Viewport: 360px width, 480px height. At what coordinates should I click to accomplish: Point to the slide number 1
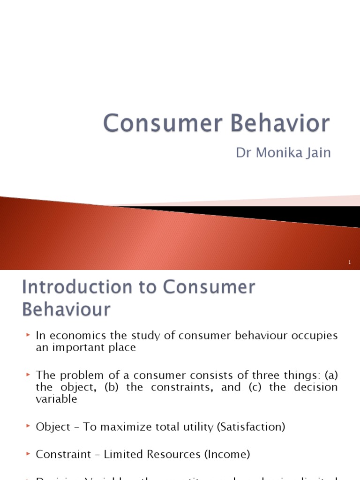coord(350,263)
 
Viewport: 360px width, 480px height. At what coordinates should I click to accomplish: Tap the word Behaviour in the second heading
coord(66,309)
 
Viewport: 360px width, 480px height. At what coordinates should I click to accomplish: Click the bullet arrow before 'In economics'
coord(28,335)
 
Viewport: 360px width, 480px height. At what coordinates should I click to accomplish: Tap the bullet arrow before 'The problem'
coord(28,375)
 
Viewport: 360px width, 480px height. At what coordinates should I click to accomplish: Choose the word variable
coord(56,399)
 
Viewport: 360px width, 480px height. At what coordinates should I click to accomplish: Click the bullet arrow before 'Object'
coord(28,427)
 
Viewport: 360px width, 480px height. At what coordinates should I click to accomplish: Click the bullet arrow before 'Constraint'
coord(28,454)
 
